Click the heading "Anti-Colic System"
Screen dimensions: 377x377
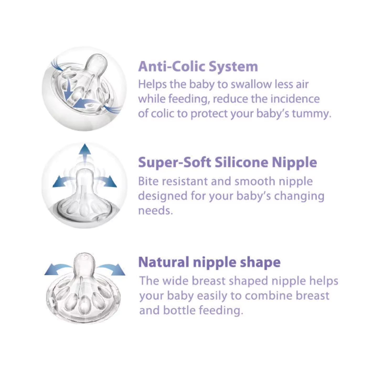[198, 67]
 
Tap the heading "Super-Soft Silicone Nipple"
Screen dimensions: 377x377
[227, 162]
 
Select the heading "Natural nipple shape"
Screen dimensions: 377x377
[209, 262]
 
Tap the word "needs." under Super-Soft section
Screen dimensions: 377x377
[156, 211]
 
